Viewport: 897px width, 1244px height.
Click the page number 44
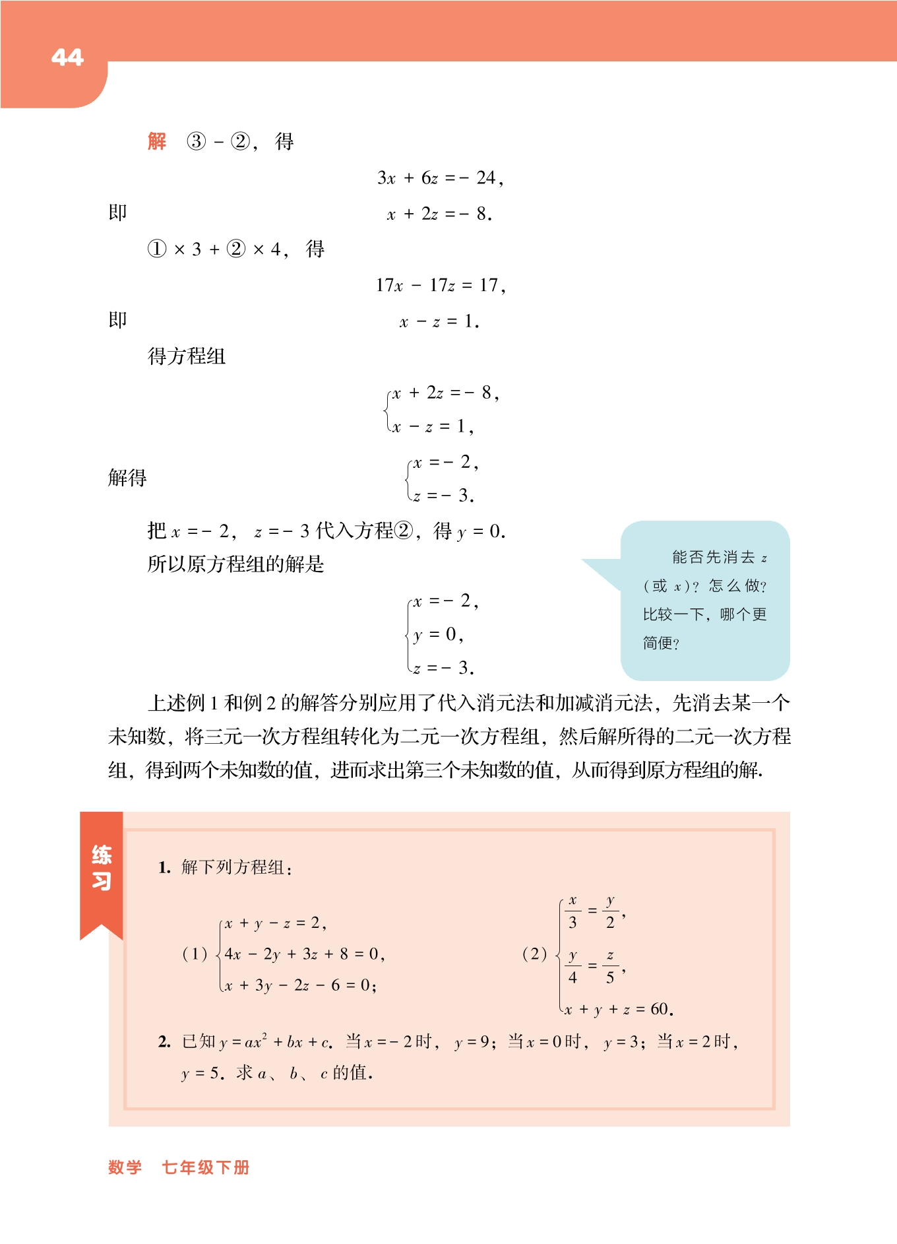[67, 57]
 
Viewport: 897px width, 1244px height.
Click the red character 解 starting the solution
[157, 141]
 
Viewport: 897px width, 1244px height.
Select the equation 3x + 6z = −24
[440, 178]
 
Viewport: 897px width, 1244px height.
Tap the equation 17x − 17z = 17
[440, 286]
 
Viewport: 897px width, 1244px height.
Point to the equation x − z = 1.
[439, 322]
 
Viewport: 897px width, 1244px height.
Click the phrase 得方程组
[187, 357]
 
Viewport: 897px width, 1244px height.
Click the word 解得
[127, 478]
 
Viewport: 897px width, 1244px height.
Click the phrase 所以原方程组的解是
[235, 564]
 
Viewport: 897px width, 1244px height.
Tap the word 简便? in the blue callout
[661, 643]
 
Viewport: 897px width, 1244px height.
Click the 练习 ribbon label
[102, 868]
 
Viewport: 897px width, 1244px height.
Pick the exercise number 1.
[164, 868]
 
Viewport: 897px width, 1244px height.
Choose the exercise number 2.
[164, 1042]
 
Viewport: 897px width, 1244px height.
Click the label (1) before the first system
[195, 954]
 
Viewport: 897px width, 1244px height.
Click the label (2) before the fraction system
[534, 954]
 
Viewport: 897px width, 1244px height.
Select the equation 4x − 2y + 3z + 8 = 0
[303, 954]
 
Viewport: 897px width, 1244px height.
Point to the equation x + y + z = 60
[618, 1010]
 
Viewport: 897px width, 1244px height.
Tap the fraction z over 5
[610, 967]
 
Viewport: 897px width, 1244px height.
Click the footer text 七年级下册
[206, 1167]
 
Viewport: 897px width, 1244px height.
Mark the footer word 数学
[125, 1167]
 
